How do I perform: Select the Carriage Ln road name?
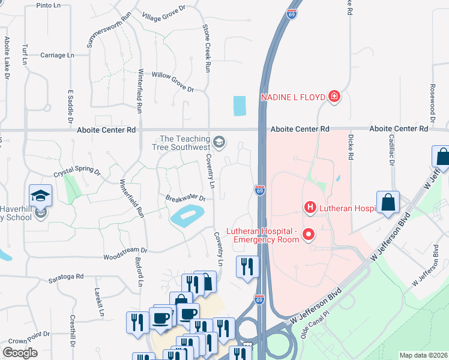coord(56,55)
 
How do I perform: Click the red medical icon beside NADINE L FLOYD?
coord(334,97)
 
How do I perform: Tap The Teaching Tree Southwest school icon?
coord(219,142)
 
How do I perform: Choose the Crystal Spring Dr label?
coord(77,170)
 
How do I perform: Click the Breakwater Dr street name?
coord(185,198)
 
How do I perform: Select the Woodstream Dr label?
coord(125,250)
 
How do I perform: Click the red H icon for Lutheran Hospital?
coord(310,208)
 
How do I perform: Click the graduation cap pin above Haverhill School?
coord(40,196)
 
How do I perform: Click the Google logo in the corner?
coord(20,353)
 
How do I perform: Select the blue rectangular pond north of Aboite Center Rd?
coord(240,106)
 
